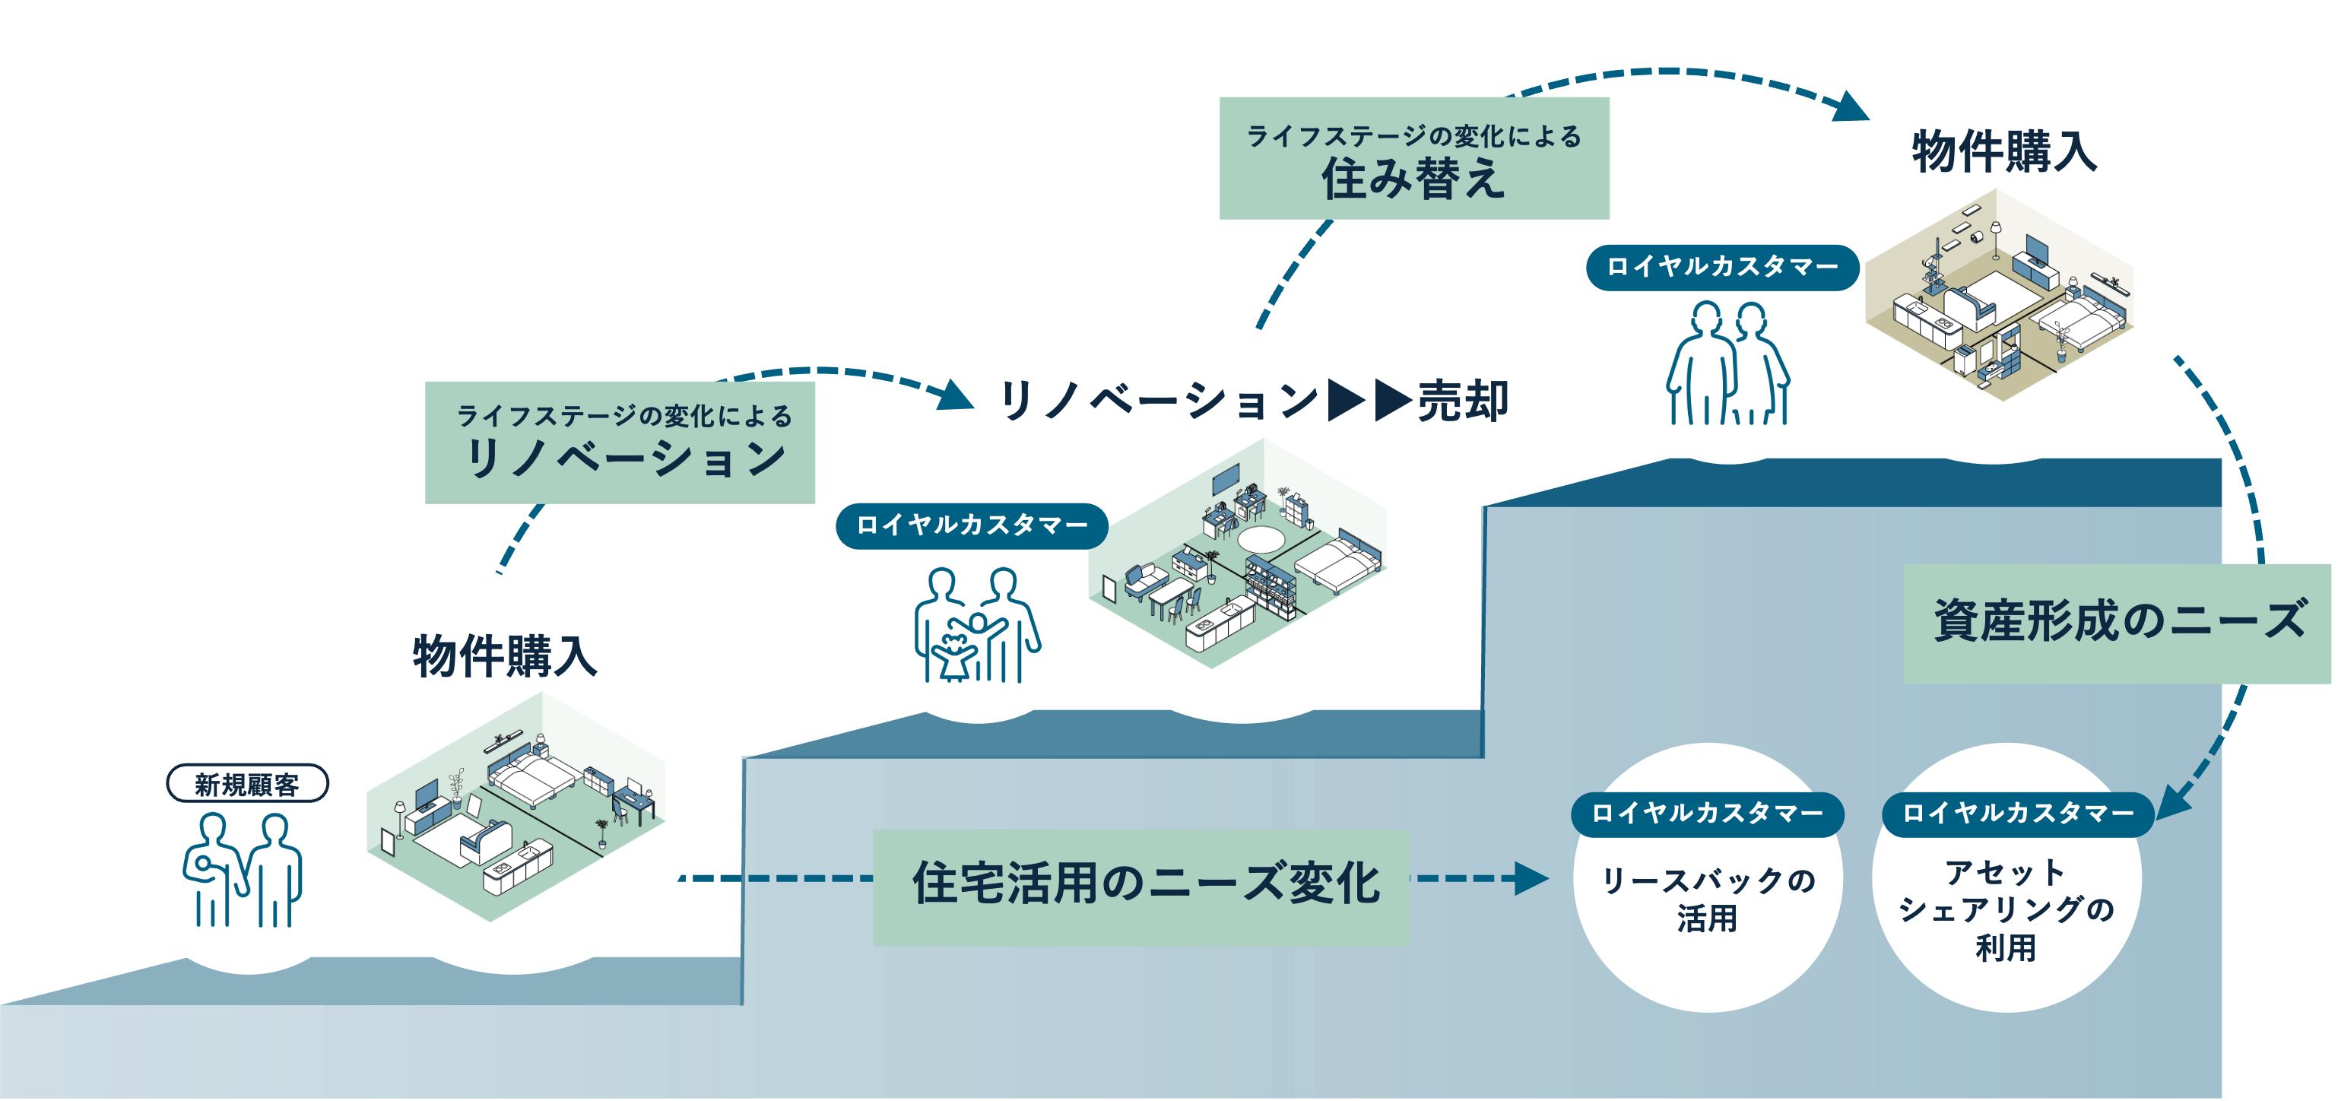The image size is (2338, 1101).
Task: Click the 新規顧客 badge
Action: click(x=247, y=784)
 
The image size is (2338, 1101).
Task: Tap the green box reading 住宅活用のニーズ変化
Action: click(x=1140, y=887)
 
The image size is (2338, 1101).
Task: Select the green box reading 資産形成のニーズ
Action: click(x=2117, y=623)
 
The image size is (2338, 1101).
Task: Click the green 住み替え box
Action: click(x=1413, y=158)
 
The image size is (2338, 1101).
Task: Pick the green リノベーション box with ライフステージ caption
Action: click(x=620, y=442)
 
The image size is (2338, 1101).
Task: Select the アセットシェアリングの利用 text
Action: click(x=2006, y=909)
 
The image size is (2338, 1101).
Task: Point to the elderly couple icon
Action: click(x=1727, y=363)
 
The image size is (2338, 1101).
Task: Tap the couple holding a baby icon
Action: click(x=243, y=870)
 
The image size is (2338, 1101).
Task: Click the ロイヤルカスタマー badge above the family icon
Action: click(x=971, y=525)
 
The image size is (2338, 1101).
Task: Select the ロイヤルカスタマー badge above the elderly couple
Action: click(x=1721, y=267)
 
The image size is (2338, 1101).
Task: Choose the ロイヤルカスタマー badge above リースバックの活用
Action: click(x=1707, y=812)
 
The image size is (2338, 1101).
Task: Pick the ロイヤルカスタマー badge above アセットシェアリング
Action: click(x=2016, y=812)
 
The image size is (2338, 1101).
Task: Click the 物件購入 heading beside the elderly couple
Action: click(x=2004, y=151)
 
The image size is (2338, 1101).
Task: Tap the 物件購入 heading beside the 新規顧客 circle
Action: click(x=505, y=656)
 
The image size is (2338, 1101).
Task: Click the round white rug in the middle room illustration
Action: click(x=1261, y=539)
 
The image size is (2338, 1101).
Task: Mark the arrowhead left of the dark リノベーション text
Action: click(x=955, y=395)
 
